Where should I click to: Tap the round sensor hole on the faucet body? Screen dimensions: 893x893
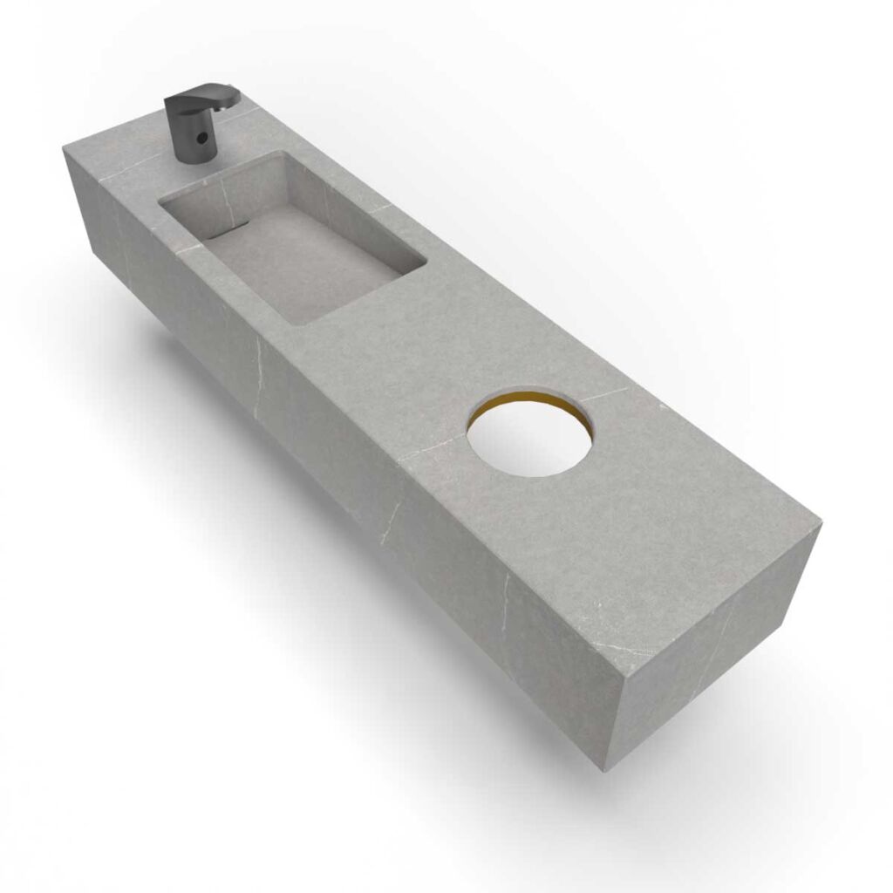coord(201,138)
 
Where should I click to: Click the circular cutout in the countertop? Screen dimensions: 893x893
coord(528,439)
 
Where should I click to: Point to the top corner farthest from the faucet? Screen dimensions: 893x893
coord(820,525)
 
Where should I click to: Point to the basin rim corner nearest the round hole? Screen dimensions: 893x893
coord(424,262)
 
